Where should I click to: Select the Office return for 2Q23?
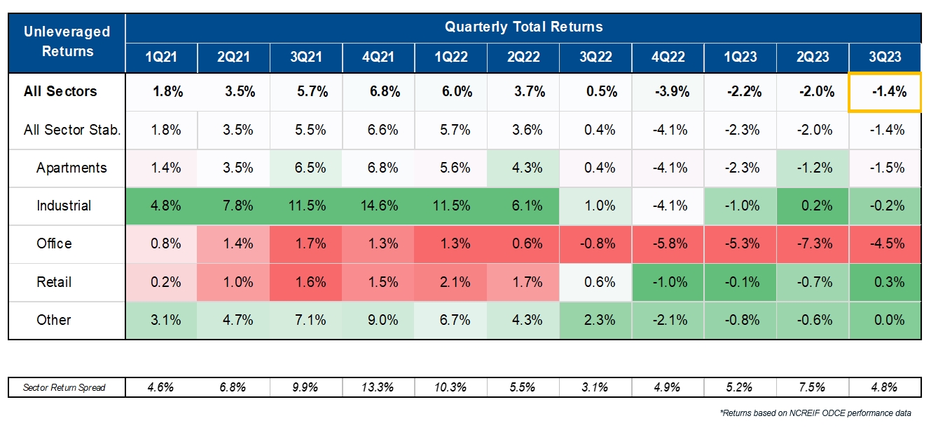click(x=813, y=244)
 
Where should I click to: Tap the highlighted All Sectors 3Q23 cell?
click(x=885, y=92)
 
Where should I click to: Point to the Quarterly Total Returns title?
click(x=523, y=27)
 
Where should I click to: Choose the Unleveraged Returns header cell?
click(x=67, y=41)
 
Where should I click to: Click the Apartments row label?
click(x=71, y=168)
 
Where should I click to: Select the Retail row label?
click(x=54, y=282)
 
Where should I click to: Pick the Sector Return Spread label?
click(x=64, y=387)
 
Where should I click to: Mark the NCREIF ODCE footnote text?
click(x=815, y=413)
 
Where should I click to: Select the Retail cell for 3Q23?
click(x=885, y=282)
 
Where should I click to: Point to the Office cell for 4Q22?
click(x=668, y=244)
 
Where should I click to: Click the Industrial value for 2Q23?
click(x=813, y=206)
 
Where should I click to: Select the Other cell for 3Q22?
click(x=596, y=320)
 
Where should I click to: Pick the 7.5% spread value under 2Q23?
click(x=813, y=387)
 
